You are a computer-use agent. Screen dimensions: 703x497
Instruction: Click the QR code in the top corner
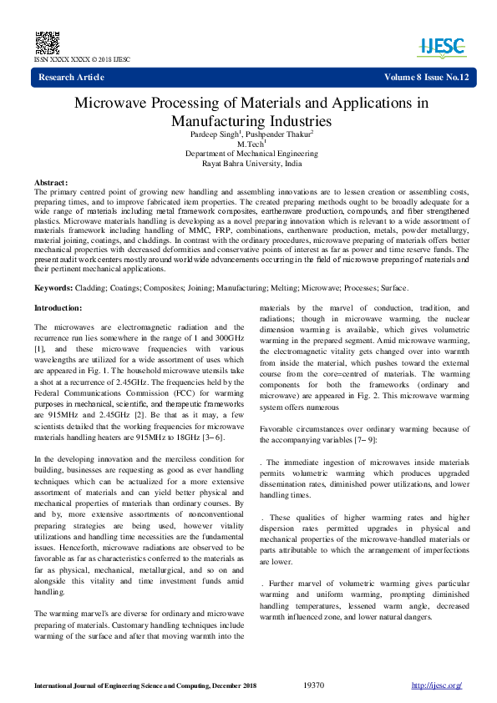[47, 43]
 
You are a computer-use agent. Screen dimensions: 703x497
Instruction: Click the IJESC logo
[442, 46]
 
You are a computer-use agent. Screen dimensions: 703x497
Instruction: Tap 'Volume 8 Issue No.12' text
[426, 78]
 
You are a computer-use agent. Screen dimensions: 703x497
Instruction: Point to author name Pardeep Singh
[216, 134]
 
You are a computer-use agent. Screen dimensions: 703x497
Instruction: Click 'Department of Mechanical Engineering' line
[251, 154]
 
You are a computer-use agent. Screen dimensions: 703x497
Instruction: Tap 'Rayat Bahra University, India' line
[251, 164]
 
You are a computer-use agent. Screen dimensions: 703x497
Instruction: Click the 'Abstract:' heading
[51, 182]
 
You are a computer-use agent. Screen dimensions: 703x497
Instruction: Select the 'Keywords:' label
[53, 288]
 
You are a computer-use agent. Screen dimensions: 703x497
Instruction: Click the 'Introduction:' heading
[58, 308]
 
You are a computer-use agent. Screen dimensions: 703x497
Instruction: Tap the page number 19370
[314, 685]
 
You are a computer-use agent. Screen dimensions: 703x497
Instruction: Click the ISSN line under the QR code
[82, 60]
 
